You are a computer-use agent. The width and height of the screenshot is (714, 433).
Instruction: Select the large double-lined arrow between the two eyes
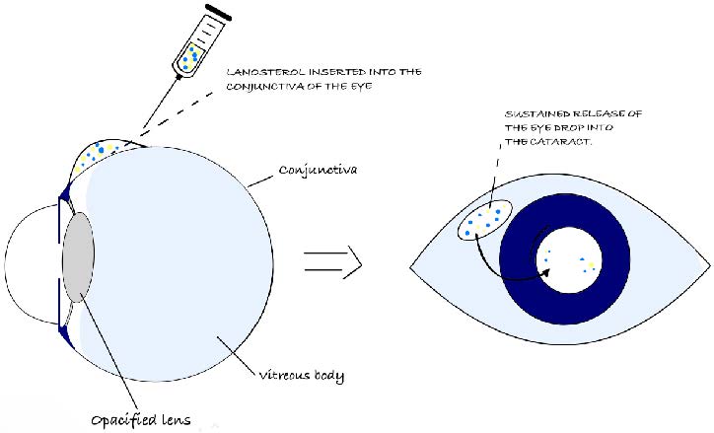pos(332,260)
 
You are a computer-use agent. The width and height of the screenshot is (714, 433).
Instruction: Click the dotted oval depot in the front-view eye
pos(484,221)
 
